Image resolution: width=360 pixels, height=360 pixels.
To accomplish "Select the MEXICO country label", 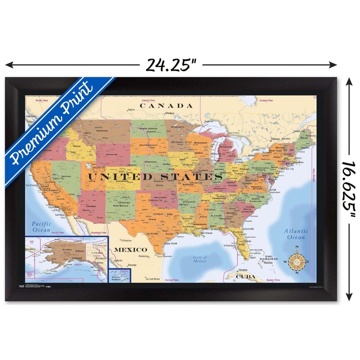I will tap(130, 249).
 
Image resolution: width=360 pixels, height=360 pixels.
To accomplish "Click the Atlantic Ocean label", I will tap(296, 234).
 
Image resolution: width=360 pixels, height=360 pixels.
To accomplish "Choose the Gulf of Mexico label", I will tap(200, 259).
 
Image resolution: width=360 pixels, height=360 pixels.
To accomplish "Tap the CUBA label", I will tap(246, 276).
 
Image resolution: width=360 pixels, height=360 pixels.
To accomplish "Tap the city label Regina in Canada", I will tap(131, 110).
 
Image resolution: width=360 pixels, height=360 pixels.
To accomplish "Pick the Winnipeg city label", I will tap(169, 113).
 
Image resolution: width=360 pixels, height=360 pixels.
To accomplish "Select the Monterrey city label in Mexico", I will tap(144, 256).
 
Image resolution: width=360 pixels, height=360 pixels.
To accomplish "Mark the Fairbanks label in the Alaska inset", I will tap(81, 250).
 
